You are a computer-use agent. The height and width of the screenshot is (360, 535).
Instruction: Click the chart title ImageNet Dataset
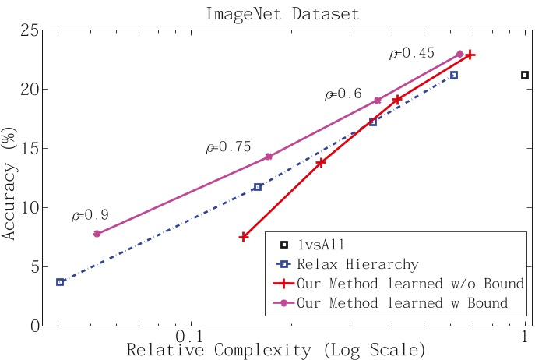coord(283,14)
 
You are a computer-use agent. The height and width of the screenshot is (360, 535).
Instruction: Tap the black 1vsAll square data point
coord(525,75)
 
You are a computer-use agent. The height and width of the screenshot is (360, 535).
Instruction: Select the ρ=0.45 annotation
coord(412,53)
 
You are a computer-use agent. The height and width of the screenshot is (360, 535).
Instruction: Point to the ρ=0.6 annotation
coord(343,94)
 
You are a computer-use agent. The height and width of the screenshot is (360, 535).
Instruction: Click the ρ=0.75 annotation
coord(229,146)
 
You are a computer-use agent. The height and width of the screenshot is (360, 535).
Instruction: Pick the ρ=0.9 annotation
coord(90,215)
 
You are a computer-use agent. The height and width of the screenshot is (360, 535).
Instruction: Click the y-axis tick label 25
coord(30,30)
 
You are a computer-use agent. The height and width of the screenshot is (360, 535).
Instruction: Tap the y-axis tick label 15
coord(30,149)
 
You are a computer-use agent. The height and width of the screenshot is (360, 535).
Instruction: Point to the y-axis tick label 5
coord(34,266)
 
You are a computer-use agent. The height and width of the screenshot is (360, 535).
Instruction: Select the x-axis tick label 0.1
coord(189,337)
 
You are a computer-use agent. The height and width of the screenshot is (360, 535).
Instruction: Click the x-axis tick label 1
coord(525,337)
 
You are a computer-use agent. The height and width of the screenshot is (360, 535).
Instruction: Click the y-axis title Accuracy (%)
coord(9,184)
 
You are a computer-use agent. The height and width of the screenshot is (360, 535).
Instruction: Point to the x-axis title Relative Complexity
coord(219,350)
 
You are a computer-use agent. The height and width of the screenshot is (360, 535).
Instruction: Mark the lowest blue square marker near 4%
coord(60,282)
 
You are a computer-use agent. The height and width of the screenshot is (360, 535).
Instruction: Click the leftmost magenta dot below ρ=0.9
coord(97,234)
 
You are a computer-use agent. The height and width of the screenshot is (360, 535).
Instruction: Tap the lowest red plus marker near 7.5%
coord(243,237)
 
